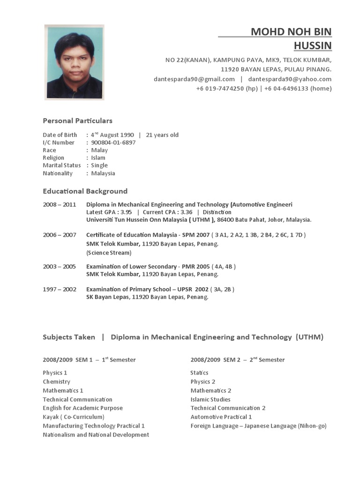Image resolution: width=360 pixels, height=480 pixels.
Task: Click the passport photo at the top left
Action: pos(74,62)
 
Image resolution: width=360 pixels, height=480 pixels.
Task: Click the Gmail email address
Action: pos(194,79)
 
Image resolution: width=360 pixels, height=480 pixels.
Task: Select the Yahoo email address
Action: pos(290,79)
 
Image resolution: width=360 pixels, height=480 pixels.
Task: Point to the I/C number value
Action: pos(113,142)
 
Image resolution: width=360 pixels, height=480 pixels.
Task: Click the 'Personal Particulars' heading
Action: pos(77,120)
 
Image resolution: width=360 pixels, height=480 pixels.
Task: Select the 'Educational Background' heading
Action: pos(85,191)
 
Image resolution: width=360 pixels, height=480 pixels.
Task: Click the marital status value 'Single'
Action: pos(99,165)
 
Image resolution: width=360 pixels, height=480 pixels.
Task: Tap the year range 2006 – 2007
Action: pos(59,235)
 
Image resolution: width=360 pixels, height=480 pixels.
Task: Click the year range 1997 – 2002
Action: pos(59,289)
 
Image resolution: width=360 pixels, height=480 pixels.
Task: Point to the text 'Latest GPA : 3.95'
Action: pos(109,212)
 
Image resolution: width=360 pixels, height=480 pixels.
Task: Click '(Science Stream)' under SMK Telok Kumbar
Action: pos(109,253)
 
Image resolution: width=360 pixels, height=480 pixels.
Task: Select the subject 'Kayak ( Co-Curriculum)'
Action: pos(74,417)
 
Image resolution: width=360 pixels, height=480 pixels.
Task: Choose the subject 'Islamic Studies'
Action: pos(210,399)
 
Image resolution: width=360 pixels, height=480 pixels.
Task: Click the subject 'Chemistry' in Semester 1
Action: pos(56,382)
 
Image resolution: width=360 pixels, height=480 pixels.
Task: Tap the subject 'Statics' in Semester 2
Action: pos(199,373)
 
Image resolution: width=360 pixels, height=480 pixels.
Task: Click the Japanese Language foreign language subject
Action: pos(258,426)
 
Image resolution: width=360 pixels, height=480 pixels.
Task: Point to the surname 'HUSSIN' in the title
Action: pos(312,45)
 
